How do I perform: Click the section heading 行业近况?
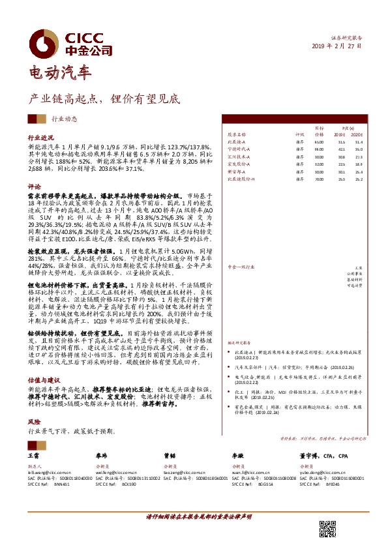click(40, 139)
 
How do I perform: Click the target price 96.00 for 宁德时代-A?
click(318, 149)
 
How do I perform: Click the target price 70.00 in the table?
click(318, 178)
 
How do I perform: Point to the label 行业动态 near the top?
click(65, 119)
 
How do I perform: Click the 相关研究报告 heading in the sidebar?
click(241, 342)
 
